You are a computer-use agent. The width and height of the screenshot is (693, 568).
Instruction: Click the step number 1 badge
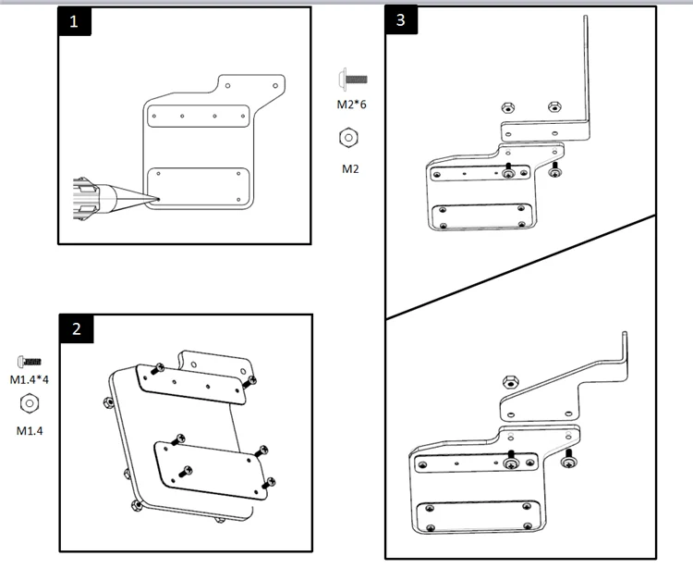[75, 22]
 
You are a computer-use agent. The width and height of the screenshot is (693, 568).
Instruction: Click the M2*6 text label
[351, 105]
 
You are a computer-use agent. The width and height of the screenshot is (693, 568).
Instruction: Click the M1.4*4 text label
[28, 380]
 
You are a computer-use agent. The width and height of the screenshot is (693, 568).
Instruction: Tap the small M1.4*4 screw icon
[28, 361]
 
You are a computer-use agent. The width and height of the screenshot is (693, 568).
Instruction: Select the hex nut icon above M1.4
[28, 403]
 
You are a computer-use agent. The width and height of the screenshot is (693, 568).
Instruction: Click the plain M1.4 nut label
[28, 430]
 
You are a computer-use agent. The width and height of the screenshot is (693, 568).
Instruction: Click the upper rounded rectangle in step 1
[198, 117]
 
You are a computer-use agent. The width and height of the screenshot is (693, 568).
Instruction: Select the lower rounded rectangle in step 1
[198, 187]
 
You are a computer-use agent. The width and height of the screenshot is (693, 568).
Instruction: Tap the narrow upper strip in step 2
[191, 385]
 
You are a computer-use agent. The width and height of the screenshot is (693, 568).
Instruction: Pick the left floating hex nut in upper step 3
[507, 107]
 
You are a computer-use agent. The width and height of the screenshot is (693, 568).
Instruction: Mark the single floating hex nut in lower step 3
[508, 380]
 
